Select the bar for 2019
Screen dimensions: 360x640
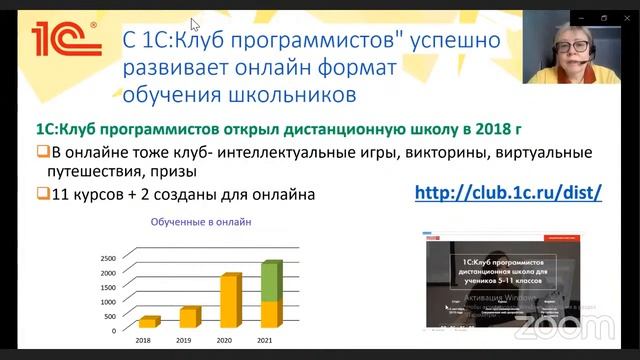189,318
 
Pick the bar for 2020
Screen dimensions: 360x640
230,302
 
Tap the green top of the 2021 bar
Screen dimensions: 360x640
272,281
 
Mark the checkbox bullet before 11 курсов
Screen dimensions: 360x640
41,195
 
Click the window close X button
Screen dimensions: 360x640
627,18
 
